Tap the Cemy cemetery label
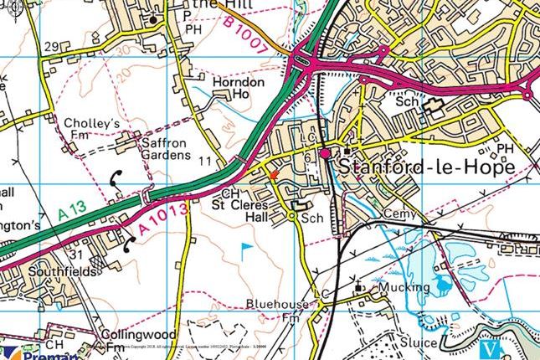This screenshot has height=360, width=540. pyautogui.click(x=399, y=214)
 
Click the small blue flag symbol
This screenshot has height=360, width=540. pyautogui.click(x=245, y=248)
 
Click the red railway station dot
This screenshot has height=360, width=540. pyautogui.click(x=326, y=154)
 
